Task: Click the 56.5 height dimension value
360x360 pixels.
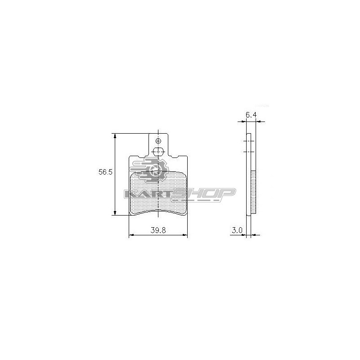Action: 105,172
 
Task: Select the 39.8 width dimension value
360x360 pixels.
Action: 158,230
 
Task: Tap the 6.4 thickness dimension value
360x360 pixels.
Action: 251,115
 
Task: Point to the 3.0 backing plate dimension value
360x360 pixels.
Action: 237,230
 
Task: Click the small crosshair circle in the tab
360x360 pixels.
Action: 158,141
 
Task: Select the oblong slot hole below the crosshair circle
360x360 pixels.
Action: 158,151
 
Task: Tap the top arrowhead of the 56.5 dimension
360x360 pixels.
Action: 115,136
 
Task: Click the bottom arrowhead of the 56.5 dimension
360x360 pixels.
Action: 115,212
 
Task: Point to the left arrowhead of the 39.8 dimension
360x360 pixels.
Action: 131,235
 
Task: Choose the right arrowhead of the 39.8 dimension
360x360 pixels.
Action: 185,235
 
